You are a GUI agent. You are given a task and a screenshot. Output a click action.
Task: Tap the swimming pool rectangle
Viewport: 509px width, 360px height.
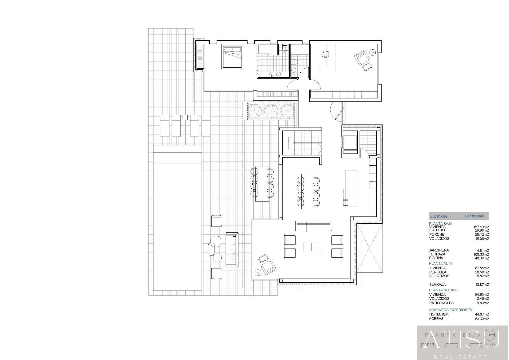tap(177, 225)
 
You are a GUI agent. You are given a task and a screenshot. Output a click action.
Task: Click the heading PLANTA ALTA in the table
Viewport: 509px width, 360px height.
tap(441, 263)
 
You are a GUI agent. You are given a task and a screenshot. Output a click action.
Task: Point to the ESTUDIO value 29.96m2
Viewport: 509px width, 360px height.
tap(482, 230)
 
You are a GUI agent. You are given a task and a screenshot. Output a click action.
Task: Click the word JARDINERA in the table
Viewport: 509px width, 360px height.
tap(439, 250)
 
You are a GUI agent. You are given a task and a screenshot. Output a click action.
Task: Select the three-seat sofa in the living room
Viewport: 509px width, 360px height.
tap(314, 226)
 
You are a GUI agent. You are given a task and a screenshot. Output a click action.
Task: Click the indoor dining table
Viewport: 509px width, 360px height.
tap(308, 191)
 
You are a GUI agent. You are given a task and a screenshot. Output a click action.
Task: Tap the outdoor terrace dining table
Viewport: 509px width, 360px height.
tap(262, 184)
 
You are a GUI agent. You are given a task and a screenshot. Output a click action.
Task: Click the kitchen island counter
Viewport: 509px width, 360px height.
tap(351, 188)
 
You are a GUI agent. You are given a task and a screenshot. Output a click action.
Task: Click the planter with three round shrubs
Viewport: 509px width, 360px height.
tap(271, 110)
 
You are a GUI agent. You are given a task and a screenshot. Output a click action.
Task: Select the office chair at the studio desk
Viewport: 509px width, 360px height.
tap(325, 54)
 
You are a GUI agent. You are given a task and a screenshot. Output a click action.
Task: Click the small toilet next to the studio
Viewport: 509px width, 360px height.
tap(295, 62)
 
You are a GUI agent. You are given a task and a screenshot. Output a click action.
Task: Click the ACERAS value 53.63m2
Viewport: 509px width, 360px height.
tap(482, 319)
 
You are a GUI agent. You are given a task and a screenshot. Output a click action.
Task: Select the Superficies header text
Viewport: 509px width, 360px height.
tap(438, 216)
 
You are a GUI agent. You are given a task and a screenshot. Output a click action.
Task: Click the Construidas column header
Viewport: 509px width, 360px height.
tap(474, 216)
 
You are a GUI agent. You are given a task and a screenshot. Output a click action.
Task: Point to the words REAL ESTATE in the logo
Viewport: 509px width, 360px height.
tap(463, 357)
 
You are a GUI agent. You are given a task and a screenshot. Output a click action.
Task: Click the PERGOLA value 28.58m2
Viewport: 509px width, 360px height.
tap(482, 272)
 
